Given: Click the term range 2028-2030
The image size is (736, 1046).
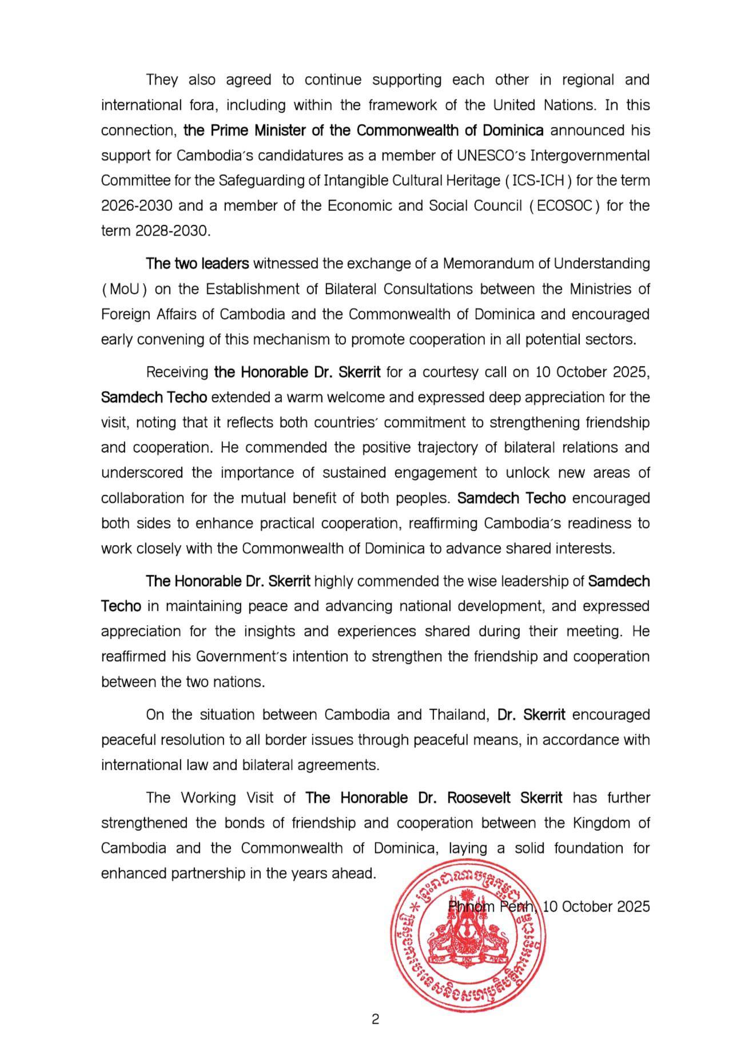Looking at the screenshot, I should (x=173, y=231).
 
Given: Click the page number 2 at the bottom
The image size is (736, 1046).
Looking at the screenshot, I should (x=375, y=1019).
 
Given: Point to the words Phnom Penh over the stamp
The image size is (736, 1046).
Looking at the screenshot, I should (x=491, y=906).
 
